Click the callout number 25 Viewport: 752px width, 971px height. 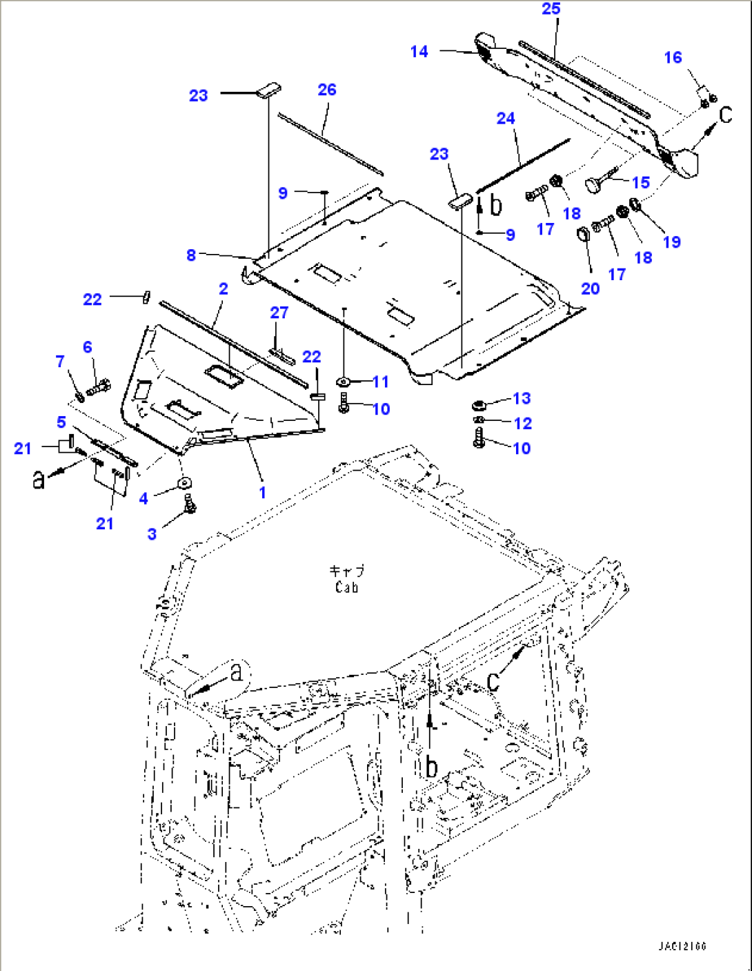point(551,9)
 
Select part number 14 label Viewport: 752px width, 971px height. point(419,52)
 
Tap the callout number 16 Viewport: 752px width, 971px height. point(673,58)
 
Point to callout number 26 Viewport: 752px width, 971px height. point(327,90)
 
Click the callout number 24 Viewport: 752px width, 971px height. point(506,119)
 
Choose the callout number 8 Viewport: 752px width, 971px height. point(191,255)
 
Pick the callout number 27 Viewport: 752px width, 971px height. point(279,313)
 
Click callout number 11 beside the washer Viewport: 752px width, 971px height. point(381,382)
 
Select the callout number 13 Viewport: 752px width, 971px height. point(522,399)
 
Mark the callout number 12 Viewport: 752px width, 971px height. point(523,423)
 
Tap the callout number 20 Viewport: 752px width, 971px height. point(590,288)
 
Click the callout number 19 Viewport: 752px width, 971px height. point(671,242)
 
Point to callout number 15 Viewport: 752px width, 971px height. point(641,183)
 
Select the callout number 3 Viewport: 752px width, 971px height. point(152,533)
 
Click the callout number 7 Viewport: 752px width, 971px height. point(60,362)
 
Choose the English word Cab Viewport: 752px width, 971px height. point(346,588)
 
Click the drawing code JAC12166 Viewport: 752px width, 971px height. point(682,946)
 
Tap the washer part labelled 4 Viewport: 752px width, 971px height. point(184,482)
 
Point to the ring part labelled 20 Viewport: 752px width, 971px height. point(583,235)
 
